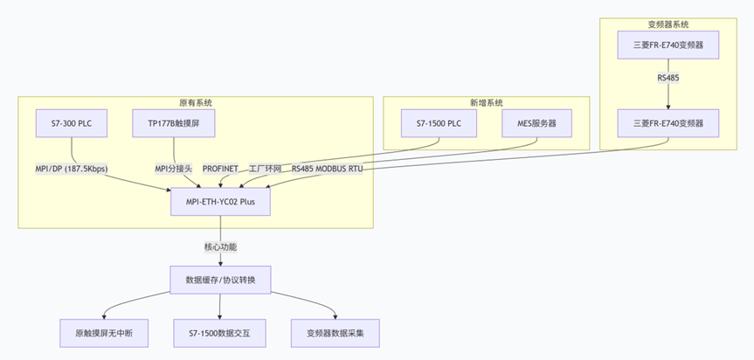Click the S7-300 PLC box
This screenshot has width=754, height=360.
click(x=72, y=123)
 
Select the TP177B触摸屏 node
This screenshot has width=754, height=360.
click(x=174, y=123)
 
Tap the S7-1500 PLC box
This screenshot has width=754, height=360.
click(x=439, y=123)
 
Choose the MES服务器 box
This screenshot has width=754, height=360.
click(x=536, y=123)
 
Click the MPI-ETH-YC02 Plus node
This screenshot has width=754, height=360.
click(x=220, y=202)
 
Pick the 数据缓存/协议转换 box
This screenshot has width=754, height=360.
click(x=220, y=280)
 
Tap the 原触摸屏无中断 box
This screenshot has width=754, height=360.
click(x=104, y=332)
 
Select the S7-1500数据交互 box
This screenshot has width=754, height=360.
click(x=220, y=332)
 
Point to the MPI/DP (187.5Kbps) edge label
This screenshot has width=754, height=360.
click(x=66, y=168)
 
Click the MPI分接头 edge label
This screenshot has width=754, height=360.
click(x=173, y=168)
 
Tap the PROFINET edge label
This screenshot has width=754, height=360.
click(x=220, y=168)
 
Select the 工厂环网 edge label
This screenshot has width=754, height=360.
click(x=265, y=168)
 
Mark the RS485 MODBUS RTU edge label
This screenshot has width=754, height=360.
click(x=327, y=168)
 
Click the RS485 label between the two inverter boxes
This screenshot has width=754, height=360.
click(x=668, y=78)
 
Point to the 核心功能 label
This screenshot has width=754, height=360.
click(x=220, y=246)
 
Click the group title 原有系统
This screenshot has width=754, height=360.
click(x=196, y=102)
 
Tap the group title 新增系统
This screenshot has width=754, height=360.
click(x=487, y=102)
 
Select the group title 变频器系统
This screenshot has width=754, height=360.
click(x=668, y=24)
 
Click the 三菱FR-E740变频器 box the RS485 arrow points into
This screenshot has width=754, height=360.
click(x=668, y=123)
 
